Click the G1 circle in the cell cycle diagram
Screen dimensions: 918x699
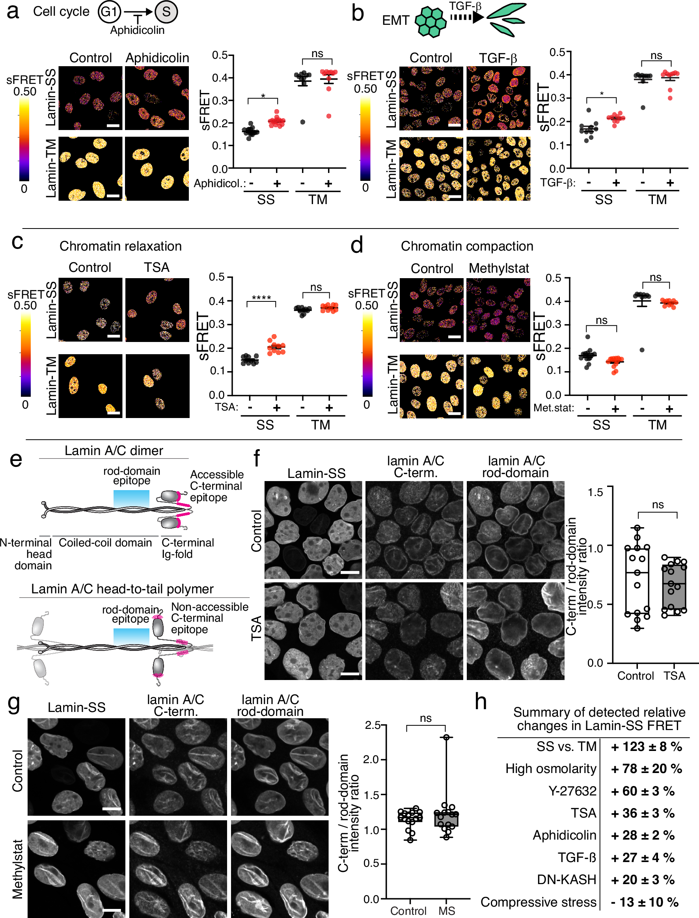[x=110, y=12]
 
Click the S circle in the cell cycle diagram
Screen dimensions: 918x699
[x=166, y=12]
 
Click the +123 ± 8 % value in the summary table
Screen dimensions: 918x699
[x=646, y=747]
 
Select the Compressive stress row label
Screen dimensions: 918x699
[x=538, y=902]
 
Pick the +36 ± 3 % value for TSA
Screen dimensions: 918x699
[x=642, y=813]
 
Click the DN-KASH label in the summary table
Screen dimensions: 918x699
[x=566, y=880]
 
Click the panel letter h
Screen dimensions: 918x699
[x=481, y=702]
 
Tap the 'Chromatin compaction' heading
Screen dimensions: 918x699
[x=467, y=246]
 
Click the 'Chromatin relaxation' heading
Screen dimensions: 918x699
[x=120, y=246]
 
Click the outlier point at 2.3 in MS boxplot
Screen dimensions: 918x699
[x=446, y=737]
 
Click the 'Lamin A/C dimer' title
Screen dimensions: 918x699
[x=114, y=451]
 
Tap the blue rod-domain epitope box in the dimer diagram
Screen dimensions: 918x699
[x=131, y=498]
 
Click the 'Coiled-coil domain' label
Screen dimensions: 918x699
[x=105, y=543]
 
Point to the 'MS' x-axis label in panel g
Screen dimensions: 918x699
[x=446, y=911]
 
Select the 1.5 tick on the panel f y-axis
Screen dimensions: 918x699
[x=595, y=492]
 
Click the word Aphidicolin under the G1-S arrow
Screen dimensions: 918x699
[x=137, y=30]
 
